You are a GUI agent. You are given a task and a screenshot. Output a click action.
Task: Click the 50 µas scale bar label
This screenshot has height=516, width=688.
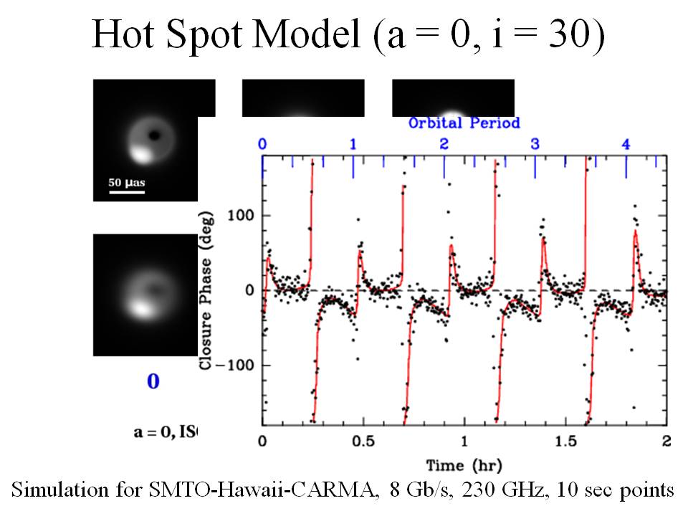(127, 183)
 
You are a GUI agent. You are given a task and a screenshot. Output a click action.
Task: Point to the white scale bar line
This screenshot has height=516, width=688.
(127, 192)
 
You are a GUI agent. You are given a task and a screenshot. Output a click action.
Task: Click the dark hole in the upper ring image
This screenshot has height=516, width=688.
(153, 135)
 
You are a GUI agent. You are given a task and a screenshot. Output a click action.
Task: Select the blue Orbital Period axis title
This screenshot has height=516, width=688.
(464, 123)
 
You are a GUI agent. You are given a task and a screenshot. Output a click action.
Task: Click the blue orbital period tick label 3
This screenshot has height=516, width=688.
(535, 144)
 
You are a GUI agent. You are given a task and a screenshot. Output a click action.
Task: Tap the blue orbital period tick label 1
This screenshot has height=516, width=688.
(353, 144)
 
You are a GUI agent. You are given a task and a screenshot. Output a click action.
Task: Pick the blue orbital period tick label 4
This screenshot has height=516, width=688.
(626, 144)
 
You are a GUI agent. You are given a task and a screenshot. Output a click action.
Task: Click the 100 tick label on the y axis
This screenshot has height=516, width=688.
(242, 216)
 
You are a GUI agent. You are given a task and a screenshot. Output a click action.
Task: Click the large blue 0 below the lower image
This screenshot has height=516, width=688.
(153, 381)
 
